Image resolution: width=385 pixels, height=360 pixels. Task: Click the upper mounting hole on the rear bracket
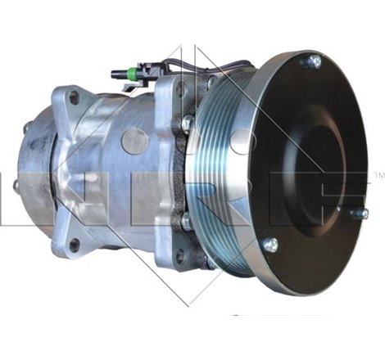(x=74, y=97)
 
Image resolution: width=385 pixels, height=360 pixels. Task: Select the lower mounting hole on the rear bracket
(x=75, y=242)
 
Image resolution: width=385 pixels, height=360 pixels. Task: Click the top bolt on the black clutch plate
(x=313, y=61)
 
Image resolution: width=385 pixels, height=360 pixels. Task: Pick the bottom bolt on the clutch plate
(x=270, y=245)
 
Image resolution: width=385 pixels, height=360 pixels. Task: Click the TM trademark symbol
(x=378, y=175)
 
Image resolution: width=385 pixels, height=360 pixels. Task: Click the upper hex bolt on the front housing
(x=188, y=123)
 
